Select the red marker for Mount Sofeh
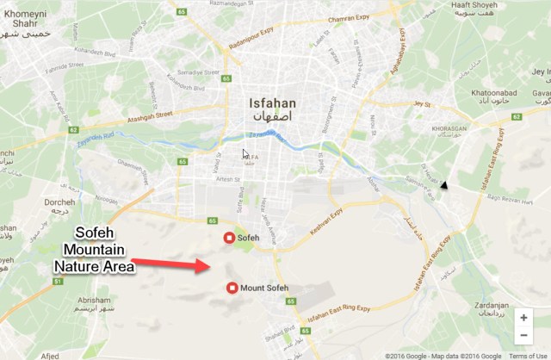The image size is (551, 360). click(232, 288)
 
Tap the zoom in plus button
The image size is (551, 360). click(523, 317)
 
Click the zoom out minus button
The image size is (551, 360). click(523, 337)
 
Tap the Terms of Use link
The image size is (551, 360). click(529, 355)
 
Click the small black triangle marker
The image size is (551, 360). click(444, 185)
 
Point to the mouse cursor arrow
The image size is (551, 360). click(246, 154)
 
